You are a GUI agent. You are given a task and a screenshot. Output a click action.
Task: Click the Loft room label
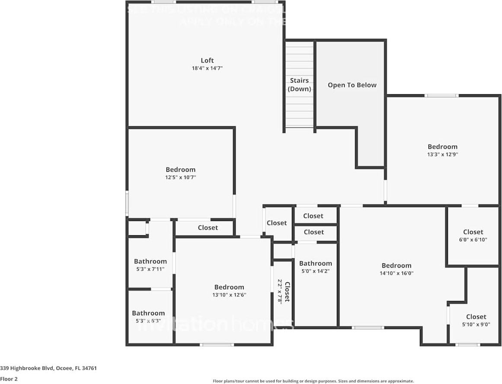[207, 61]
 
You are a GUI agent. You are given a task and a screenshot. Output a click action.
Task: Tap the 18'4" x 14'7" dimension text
[207, 68]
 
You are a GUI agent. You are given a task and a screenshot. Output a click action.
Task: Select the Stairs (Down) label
[299, 85]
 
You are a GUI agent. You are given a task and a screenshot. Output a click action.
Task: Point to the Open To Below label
[352, 85]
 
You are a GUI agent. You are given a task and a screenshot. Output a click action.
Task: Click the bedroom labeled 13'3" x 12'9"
[442, 150]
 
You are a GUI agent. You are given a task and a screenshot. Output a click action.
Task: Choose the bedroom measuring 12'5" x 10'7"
[181, 173]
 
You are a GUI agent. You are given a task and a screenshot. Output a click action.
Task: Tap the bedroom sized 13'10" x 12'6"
[229, 291]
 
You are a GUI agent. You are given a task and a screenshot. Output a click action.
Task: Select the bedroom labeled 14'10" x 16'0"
[396, 269]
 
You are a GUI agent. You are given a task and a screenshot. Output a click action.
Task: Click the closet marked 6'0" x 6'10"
[473, 235]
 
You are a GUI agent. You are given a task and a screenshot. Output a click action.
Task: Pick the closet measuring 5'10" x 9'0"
[476, 320]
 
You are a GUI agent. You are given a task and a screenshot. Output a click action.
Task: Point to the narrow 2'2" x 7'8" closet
[283, 291]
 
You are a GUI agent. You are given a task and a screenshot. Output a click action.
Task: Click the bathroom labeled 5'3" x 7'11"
[150, 265]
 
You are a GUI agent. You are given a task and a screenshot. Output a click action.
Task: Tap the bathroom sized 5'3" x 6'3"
[148, 317]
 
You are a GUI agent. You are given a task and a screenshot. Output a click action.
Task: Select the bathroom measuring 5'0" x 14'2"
[316, 267]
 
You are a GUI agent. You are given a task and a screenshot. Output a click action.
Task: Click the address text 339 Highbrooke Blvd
[48, 368]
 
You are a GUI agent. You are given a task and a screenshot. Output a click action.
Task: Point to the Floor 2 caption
[9, 379]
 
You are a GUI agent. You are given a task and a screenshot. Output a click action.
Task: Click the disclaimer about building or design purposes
[313, 381]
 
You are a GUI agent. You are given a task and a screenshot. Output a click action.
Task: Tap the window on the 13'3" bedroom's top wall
[441, 96]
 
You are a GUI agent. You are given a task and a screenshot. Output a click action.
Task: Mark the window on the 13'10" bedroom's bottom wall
[217, 345]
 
